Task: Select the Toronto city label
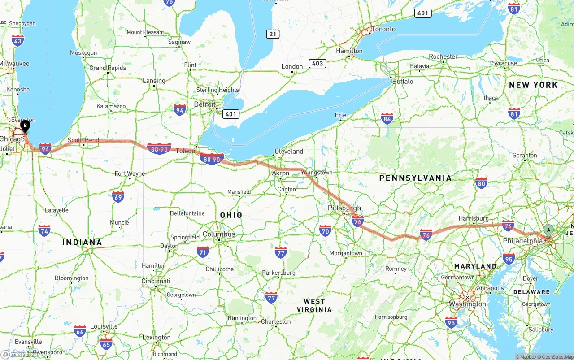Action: tap(383, 29)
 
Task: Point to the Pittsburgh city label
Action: tap(344, 208)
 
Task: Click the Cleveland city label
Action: tap(289, 152)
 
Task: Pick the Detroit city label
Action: tap(204, 104)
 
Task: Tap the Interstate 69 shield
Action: tap(118, 196)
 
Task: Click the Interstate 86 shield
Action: tap(387, 118)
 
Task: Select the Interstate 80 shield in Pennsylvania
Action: tap(481, 183)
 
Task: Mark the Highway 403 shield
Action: tap(317, 63)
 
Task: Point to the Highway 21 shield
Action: tap(272, 34)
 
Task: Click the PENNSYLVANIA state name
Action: tap(415, 178)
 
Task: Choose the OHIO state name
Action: tap(231, 215)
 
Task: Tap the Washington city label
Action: tap(467, 304)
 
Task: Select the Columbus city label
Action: tap(219, 234)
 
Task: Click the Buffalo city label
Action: tap(402, 82)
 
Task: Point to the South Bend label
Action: tap(83, 140)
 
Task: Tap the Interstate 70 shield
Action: tap(326, 231)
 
